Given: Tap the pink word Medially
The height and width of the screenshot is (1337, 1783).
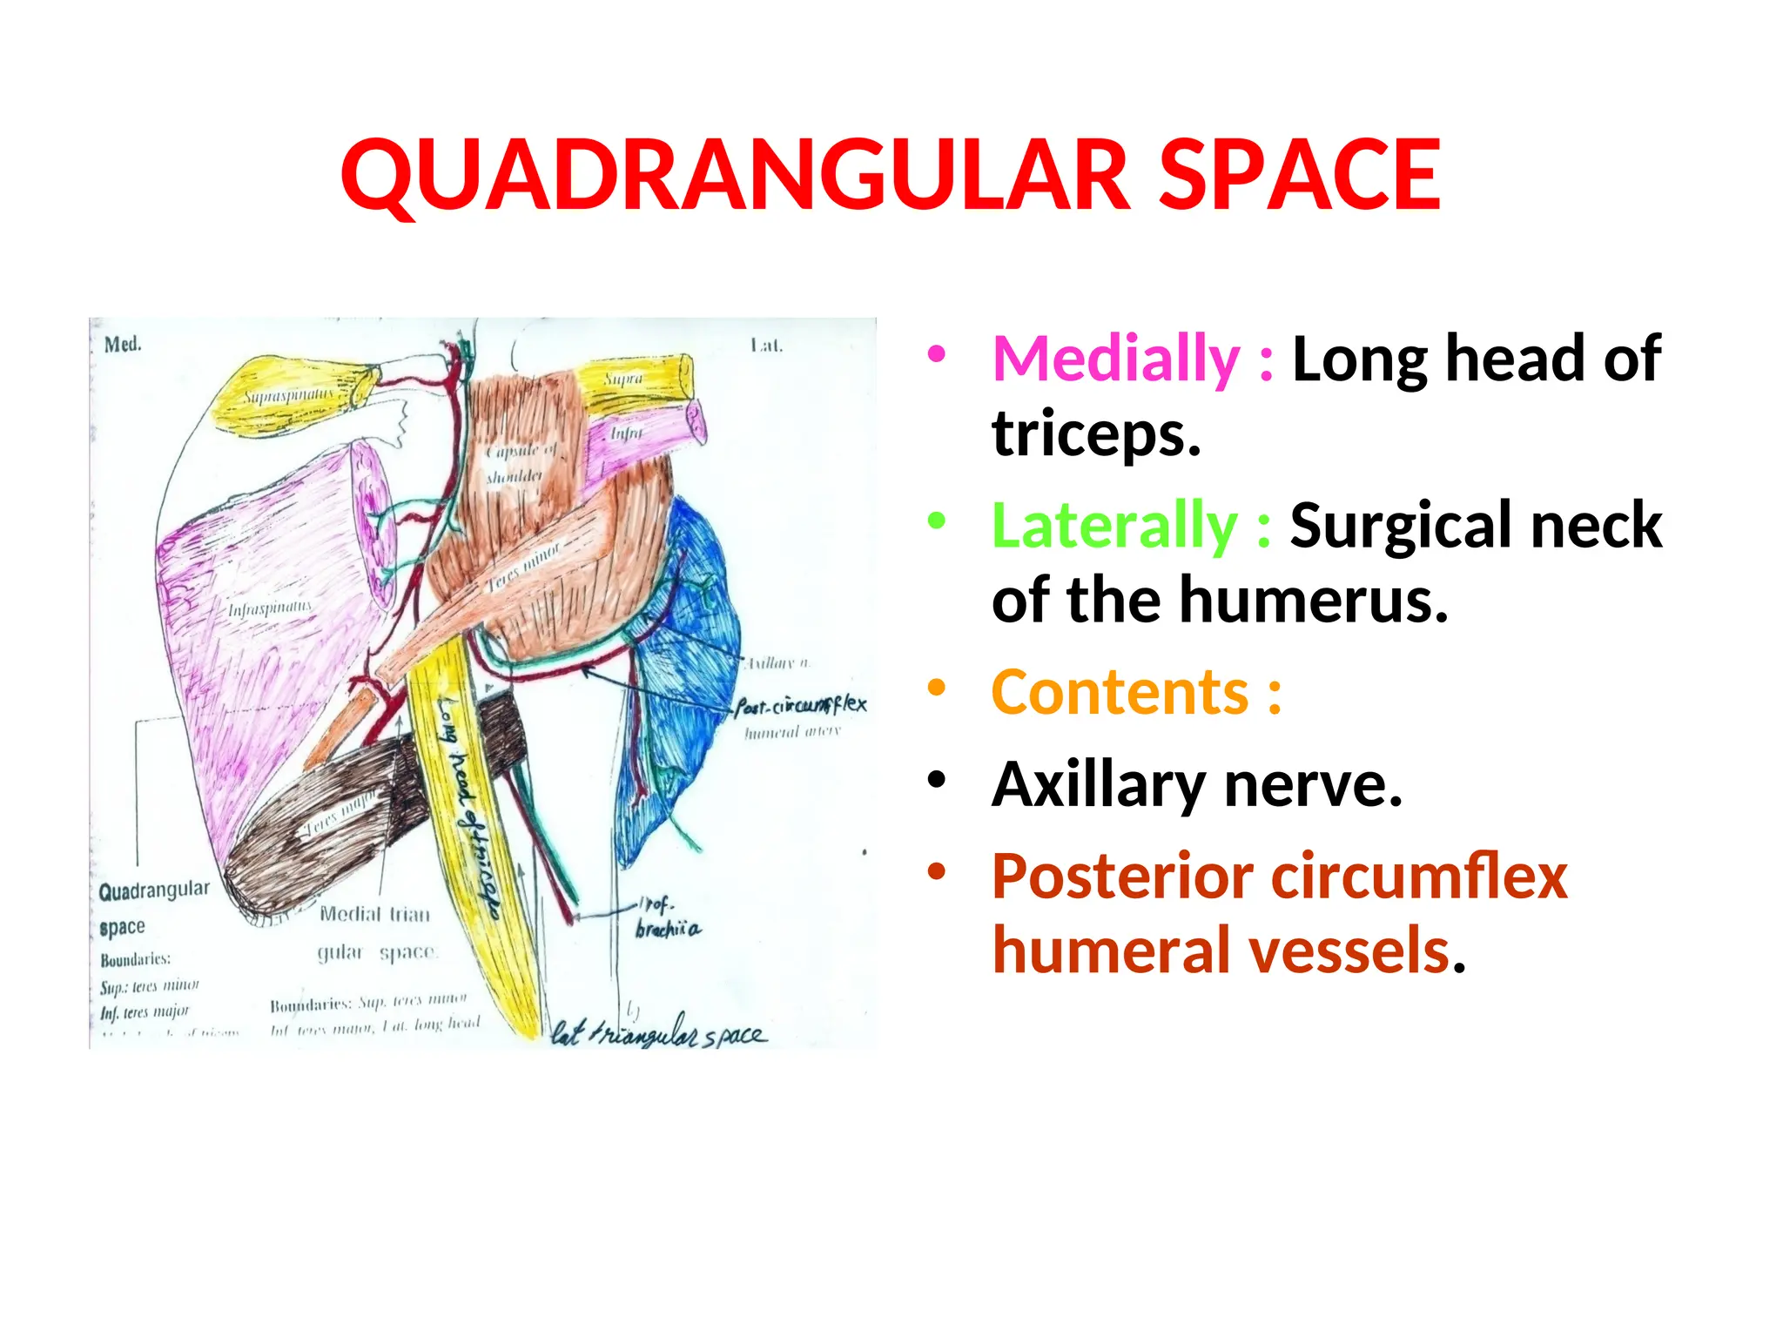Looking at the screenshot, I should coord(1115,359).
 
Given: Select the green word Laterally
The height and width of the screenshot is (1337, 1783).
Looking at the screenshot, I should coord(1114,526).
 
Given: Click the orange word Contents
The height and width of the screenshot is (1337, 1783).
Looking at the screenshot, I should coord(1120,693).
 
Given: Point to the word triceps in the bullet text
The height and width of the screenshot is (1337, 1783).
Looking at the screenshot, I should coord(1096,433).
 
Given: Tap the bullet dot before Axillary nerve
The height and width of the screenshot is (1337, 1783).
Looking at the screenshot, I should coord(936,779).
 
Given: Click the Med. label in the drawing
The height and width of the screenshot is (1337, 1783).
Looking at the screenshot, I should coord(123,345).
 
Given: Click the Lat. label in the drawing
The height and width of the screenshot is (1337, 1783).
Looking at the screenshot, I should coord(766,346).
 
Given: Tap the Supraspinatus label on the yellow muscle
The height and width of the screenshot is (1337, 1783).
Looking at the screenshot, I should coord(287,397).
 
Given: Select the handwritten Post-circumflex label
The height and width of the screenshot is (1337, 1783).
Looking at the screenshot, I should coord(800,705).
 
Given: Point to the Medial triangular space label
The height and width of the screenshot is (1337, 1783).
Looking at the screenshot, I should coord(376,932).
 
